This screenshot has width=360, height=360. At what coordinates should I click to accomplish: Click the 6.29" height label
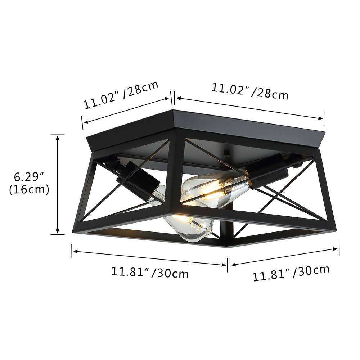[x=28, y=177]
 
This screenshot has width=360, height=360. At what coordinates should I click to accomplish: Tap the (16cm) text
[x=29, y=189]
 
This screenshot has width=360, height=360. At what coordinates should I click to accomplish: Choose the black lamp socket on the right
[x=266, y=171]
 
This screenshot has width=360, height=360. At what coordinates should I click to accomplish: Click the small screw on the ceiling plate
[x=226, y=156]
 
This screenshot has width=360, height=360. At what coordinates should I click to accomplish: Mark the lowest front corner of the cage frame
[x=228, y=246]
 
